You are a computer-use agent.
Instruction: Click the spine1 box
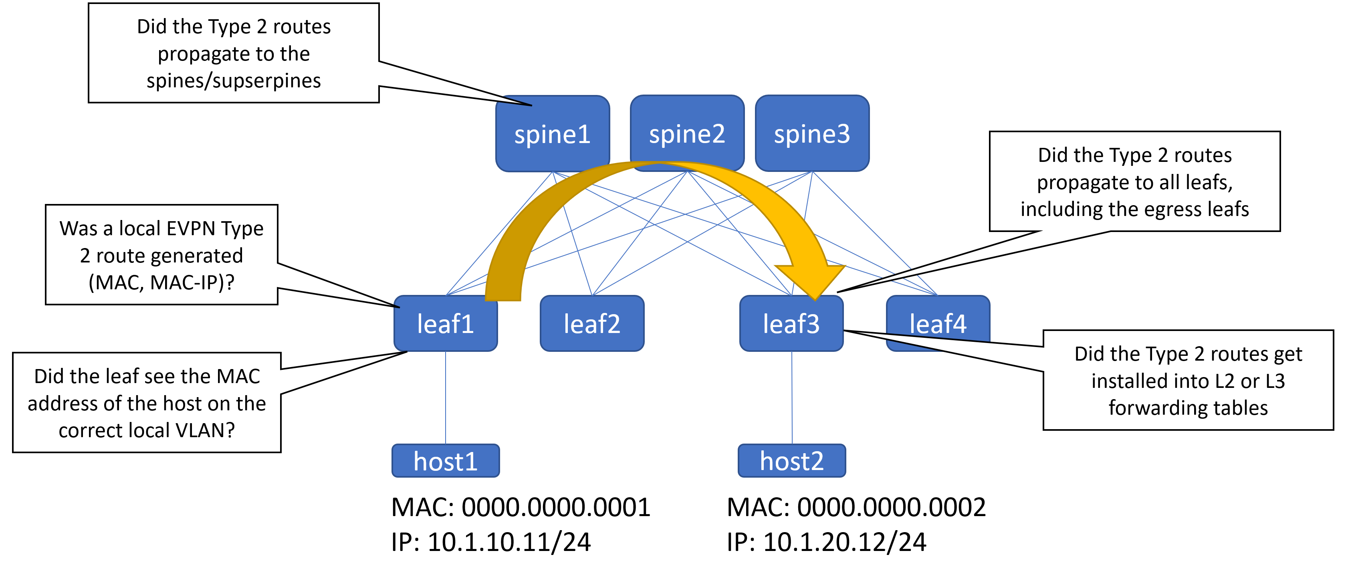[x=552, y=134]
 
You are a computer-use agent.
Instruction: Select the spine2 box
[x=687, y=134]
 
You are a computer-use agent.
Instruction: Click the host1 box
[x=445, y=461]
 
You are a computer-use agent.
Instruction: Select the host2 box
[x=792, y=461]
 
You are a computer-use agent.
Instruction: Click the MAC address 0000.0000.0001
[x=556, y=507]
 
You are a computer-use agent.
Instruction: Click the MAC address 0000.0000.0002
[x=891, y=507]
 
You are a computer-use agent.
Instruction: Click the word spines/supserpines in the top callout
[x=233, y=81]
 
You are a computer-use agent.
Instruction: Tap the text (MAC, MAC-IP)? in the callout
[x=161, y=282]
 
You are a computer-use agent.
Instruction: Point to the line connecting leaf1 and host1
[x=445, y=398]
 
